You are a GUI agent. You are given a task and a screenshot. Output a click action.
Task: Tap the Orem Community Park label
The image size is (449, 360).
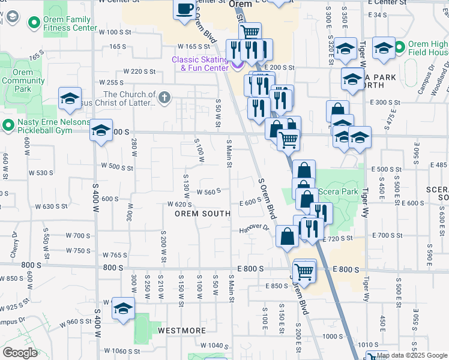(22, 80)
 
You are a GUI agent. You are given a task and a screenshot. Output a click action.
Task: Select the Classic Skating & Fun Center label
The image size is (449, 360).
(200, 64)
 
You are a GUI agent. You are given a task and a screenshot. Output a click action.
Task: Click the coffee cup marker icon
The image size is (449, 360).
(185, 9)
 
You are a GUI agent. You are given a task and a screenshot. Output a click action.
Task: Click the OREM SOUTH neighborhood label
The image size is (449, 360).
(202, 214)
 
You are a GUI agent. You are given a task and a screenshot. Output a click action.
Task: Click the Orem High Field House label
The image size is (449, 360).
(429, 49)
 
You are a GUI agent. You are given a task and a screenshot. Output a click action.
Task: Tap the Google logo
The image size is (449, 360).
(20, 353)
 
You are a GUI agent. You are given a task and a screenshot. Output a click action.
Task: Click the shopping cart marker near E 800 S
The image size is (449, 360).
(304, 271)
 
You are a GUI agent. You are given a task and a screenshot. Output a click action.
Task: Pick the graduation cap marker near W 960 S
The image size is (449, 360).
(123, 308)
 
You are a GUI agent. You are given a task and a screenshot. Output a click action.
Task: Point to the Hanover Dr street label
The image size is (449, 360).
(255, 229)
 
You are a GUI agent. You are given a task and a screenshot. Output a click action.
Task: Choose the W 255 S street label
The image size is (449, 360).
(111, 82)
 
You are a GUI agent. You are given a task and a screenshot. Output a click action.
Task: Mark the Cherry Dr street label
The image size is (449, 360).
(14, 246)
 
